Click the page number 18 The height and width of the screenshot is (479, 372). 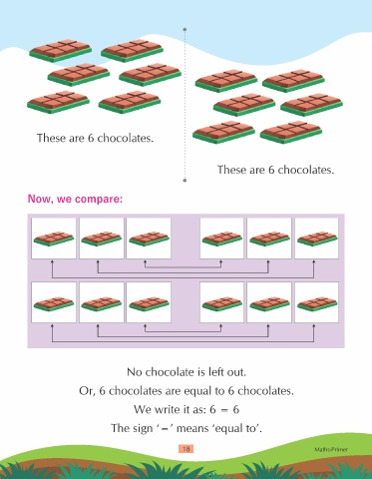click(186, 449)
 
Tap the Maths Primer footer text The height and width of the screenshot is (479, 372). click(331, 449)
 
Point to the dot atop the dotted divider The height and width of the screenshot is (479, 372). click(185, 29)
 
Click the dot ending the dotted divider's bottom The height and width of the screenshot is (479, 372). click(185, 181)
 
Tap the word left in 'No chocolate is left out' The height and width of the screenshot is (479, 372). click(216, 371)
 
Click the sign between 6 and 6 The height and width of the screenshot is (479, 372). click(224, 410)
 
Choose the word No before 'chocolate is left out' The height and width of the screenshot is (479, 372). click(135, 372)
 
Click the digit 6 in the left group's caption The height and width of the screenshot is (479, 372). click(91, 138)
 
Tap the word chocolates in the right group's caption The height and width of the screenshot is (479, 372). click(305, 170)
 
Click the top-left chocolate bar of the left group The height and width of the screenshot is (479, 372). click(60, 51)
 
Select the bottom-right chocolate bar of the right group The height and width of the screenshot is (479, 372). click(291, 133)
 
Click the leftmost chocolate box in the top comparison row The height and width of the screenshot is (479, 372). click(54, 239)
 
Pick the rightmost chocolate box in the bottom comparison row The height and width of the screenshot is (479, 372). click(316, 302)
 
